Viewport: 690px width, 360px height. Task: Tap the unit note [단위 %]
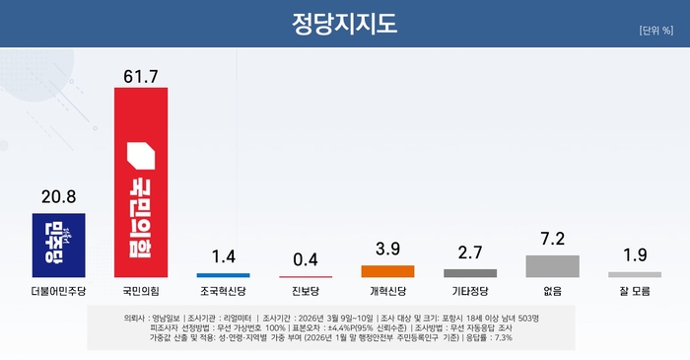point(655,30)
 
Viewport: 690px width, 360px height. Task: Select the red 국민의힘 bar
point(141,181)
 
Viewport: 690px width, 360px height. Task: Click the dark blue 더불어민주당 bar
point(58,245)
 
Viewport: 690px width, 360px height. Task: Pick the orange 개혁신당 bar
point(387,270)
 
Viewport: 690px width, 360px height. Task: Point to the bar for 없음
point(552,265)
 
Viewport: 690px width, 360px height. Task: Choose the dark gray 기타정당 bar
point(470,272)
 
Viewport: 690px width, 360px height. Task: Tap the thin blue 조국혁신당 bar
point(223,274)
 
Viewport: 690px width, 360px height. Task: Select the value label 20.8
point(58,198)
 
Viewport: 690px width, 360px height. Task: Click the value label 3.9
point(387,251)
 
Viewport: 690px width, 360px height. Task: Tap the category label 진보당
point(306,292)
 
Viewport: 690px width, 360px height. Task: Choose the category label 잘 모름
point(634,292)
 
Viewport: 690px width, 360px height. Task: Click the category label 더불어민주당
point(58,292)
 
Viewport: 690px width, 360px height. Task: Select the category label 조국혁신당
point(223,292)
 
